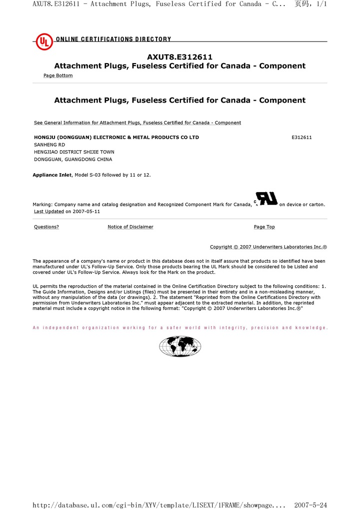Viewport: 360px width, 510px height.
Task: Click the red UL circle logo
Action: [44, 42]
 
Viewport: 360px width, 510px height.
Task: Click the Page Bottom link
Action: [58, 76]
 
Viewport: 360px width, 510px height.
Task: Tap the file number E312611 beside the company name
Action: [301, 137]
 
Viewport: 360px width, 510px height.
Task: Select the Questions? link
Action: [46, 227]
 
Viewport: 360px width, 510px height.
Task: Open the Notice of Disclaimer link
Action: [130, 227]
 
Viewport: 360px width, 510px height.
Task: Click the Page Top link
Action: [264, 227]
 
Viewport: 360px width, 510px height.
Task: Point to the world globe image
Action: [180, 346]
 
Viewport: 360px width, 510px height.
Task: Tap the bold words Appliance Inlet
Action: [52, 175]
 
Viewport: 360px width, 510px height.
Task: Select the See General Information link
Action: [137, 123]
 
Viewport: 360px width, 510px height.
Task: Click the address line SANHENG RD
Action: [49, 145]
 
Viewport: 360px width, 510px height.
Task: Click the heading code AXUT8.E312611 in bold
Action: [179, 57]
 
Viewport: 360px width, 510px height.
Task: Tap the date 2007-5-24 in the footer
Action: [310, 505]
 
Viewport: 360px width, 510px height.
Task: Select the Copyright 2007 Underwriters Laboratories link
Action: [268, 247]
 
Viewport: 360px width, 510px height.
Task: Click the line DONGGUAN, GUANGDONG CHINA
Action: [73, 160]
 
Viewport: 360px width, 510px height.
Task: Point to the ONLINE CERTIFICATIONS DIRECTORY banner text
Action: [113, 39]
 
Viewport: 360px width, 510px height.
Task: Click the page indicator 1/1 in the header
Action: [322, 4]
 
